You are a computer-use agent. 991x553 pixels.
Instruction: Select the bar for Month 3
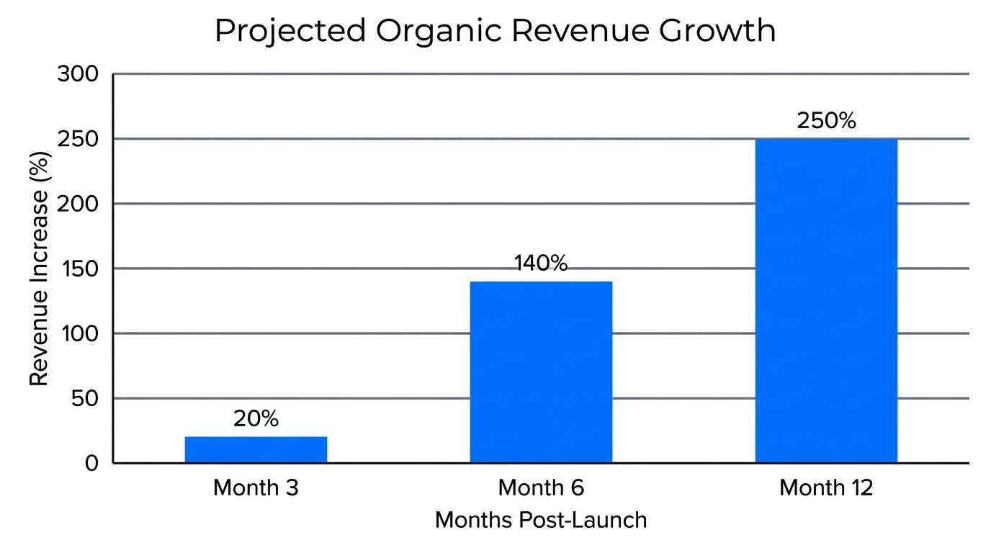[x=256, y=449]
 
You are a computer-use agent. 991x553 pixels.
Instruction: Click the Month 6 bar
[x=541, y=372]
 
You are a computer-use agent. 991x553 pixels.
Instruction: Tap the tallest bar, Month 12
[x=826, y=300]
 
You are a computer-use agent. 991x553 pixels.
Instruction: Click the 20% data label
[x=256, y=419]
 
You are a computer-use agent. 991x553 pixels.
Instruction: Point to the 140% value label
[x=541, y=264]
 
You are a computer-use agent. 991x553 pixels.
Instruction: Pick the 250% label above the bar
[x=826, y=121]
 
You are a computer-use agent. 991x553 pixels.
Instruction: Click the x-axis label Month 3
[x=256, y=488]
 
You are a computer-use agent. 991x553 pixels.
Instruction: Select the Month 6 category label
[x=541, y=488]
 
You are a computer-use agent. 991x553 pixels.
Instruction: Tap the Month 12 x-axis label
[x=826, y=488]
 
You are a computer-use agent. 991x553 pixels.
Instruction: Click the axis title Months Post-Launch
[x=541, y=520]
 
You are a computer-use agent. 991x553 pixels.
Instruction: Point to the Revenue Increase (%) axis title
[x=39, y=268]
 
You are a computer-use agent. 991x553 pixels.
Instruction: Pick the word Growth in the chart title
[x=723, y=32]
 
